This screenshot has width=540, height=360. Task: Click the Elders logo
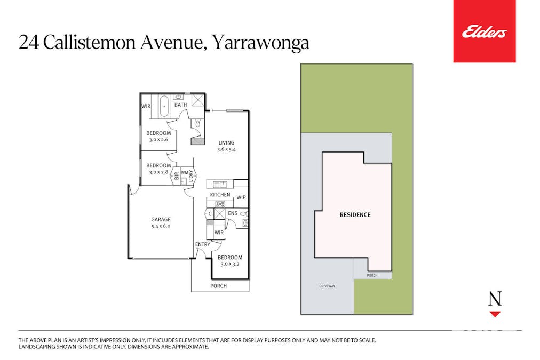click(484, 32)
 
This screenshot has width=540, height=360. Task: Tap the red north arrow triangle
click(495, 315)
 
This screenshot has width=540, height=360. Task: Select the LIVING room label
click(226, 142)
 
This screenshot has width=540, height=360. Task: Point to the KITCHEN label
click(220, 195)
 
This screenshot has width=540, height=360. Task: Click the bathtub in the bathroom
click(164, 106)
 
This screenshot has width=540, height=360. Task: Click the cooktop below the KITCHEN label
click(219, 203)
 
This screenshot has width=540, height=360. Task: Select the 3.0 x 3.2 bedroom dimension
click(230, 264)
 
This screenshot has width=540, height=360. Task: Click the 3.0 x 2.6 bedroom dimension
click(158, 140)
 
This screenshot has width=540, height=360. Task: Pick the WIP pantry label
click(241, 197)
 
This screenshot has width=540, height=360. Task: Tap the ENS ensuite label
click(233, 213)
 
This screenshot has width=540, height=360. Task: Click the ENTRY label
click(203, 244)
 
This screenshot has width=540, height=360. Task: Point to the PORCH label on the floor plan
click(218, 286)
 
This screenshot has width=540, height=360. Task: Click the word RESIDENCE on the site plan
click(355, 215)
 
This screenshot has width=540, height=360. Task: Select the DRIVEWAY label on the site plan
click(327, 286)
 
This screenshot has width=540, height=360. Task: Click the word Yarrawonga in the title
click(261, 43)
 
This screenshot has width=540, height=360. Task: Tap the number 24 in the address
click(29, 43)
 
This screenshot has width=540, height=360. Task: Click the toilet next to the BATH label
click(198, 124)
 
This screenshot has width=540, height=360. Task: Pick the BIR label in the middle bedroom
click(177, 177)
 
